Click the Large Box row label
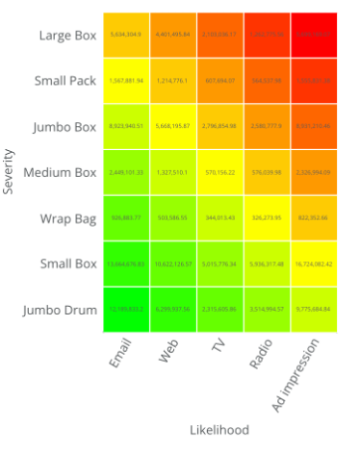[x=67, y=36]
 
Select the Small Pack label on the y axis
[x=64, y=81]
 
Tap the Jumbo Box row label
[x=65, y=127]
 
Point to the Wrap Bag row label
[x=69, y=218]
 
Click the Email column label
[x=120, y=353]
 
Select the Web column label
[x=169, y=351]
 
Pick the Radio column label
[x=262, y=353]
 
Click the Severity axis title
[x=9, y=171]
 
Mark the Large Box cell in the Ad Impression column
[x=314, y=35]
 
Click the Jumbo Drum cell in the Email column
[x=126, y=310]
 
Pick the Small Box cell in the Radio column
[x=267, y=264]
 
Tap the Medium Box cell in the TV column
[x=219, y=172]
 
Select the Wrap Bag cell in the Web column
[x=173, y=218]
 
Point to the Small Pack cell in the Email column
[x=126, y=81]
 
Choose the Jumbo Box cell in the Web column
[x=173, y=126]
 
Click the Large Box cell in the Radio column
[x=267, y=35]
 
